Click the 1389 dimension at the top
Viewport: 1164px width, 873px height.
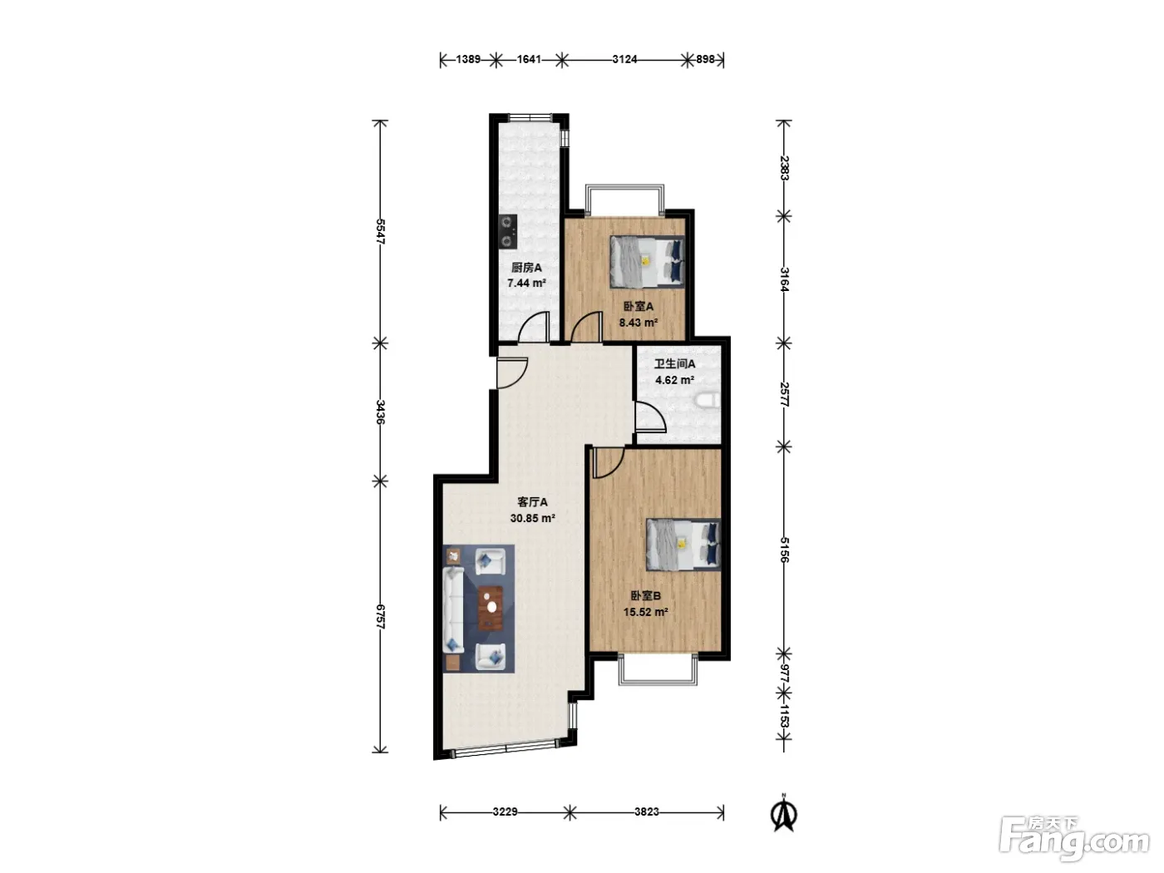[468, 59]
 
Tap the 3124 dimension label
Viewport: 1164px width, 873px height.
[624, 59]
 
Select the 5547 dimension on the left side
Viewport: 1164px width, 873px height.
[380, 231]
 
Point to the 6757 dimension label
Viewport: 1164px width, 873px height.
[380, 616]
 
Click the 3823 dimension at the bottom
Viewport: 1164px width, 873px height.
[646, 811]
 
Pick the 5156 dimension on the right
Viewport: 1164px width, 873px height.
[785, 550]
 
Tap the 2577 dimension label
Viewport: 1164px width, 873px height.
[785, 394]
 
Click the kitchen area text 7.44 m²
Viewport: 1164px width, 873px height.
[526, 283]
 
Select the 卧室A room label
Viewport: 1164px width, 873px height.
[639, 306]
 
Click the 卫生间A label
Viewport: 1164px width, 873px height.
[674, 363]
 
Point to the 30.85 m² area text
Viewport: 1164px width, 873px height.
[532, 518]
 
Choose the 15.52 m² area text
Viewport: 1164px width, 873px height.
[645, 612]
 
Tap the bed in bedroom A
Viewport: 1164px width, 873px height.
[646, 262]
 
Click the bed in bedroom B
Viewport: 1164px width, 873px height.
[683, 545]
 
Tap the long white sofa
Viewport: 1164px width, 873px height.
[453, 610]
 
